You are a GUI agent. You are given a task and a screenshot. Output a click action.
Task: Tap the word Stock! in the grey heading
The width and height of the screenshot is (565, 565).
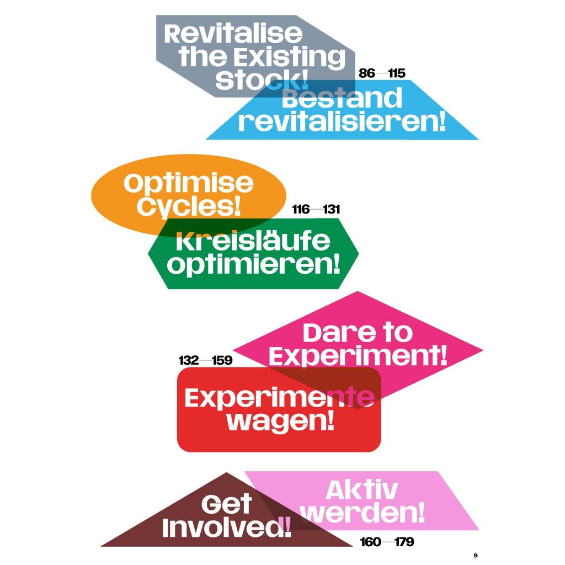(x=262, y=81)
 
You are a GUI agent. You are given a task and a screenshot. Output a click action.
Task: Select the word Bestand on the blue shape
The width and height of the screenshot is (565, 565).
(x=342, y=99)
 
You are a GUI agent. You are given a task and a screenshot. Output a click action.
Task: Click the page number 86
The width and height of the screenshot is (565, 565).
(x=367, y=73)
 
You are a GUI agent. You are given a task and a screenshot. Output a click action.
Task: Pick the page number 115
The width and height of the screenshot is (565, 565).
(x=397, y=73)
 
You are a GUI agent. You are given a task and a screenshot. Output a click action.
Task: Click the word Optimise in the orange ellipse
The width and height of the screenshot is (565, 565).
(x=188, y=184)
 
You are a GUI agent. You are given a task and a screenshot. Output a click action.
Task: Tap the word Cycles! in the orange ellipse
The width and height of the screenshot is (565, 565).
(x=189, y=207)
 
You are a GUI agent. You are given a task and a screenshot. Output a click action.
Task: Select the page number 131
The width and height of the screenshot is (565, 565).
(x=332, y=210)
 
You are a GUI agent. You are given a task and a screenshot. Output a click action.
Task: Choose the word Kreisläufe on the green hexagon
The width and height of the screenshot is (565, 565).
(x=253, y=242)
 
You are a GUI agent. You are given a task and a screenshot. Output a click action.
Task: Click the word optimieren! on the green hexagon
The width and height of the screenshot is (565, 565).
(x=253, y=265)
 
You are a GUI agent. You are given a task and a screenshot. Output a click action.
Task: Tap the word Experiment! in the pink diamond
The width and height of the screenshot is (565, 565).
(x=358, y=356)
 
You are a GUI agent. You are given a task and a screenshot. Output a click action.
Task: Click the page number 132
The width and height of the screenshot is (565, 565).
(x=189, y=361)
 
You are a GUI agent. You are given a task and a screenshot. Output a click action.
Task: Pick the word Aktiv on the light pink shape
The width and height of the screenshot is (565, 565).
(x=361, y=490)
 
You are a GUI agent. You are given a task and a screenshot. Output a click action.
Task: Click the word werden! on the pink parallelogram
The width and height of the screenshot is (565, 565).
(x=364, y=514)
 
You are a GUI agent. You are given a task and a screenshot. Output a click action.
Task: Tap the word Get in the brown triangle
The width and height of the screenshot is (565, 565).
(x=226, y=504)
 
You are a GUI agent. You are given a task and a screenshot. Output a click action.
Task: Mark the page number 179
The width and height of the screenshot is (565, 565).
(x=404, y=542)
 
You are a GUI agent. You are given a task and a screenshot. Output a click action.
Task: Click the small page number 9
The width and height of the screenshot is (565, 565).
(x=476, y=555)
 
